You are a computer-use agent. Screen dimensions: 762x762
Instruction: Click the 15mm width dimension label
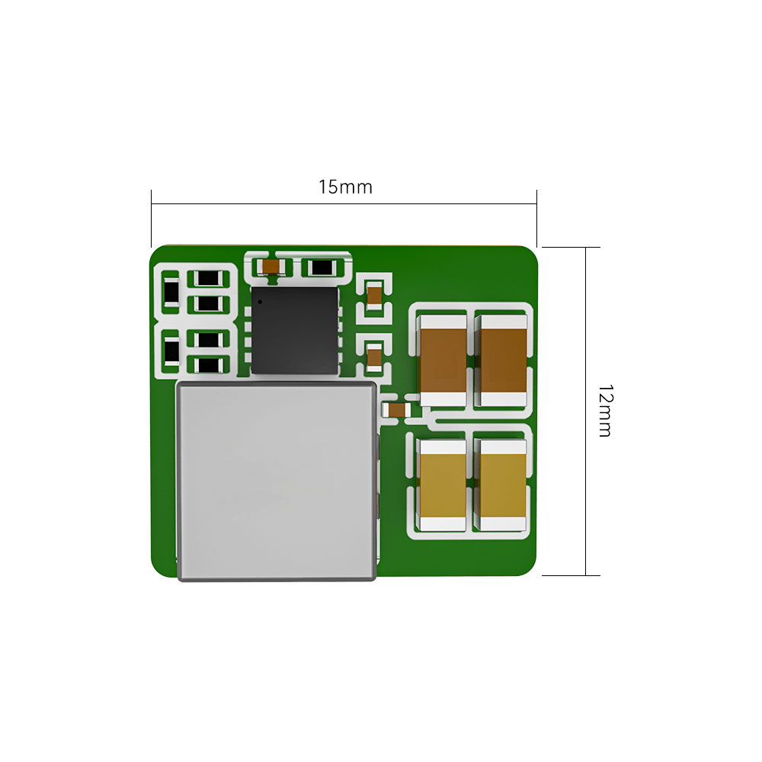[345, 187]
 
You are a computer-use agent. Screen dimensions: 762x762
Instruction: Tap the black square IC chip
[294, 330]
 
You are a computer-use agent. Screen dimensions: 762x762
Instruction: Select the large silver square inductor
[277, 480]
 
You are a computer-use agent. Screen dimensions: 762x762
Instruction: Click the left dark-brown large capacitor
[443, 358]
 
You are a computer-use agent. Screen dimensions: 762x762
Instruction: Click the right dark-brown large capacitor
[503, 358]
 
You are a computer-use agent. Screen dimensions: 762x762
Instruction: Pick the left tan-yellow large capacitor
[443, 485]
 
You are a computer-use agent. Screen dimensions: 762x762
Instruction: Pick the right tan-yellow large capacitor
[502, 485]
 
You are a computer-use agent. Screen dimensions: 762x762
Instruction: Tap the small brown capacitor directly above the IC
[271, 267]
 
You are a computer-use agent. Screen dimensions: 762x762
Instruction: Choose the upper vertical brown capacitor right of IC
[374, 294]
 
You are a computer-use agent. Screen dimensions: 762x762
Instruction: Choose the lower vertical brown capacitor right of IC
[374, 356]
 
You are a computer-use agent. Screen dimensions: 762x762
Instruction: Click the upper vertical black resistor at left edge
[171, 291]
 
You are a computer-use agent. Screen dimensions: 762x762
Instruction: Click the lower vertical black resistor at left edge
[171, 352]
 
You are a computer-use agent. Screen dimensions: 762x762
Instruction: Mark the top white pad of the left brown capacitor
[443, 321]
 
